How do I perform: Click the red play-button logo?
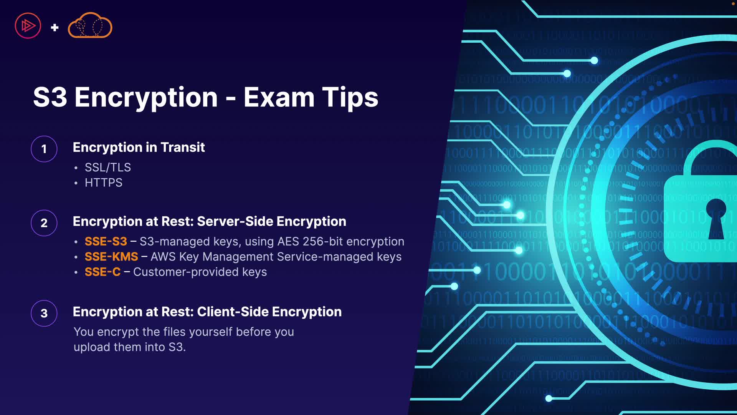tap(28, 26)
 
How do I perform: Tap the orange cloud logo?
tap(90, 25)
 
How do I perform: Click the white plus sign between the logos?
tap(55, 27)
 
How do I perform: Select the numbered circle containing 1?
tap(44, 149)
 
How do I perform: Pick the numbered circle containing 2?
tap(44, 223)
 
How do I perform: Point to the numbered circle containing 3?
tap(44, 313)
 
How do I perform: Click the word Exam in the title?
tap(279, 97)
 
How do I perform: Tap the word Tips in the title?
tap(350, 98)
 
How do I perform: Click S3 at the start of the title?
tap(50, 97)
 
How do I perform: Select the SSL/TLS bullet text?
tap(108, 167)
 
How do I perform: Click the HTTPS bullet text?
tap(104, 183)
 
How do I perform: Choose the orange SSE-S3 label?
tap(106, 241)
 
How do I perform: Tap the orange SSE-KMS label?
tap(111, 257)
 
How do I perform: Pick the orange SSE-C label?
tap(102, 272)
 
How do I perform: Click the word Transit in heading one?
tap(183, 147)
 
